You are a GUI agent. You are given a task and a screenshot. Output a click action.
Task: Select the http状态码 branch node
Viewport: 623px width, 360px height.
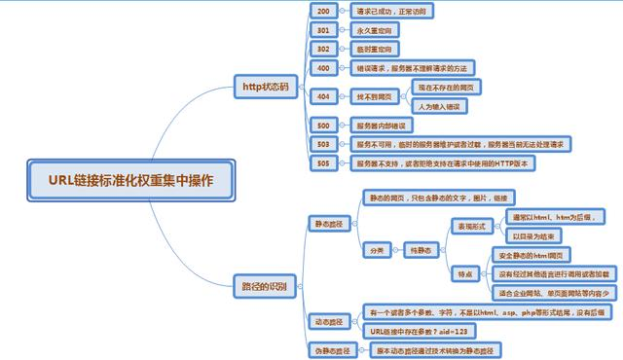[266, 87]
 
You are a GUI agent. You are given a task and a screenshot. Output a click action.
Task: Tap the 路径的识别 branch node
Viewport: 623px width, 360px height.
[266, 286]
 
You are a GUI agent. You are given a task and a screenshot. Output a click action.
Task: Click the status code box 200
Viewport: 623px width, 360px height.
[324, 12]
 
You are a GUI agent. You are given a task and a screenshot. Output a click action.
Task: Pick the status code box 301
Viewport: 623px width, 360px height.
[324, 30]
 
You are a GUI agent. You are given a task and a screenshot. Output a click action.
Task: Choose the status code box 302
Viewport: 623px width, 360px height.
[324, 49]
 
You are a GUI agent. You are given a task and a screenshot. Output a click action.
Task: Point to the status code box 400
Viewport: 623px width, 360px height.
[324, 69]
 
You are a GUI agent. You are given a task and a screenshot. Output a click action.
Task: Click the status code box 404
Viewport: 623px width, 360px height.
[324, 96]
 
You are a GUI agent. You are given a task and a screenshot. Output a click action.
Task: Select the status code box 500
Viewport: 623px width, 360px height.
[324, 126]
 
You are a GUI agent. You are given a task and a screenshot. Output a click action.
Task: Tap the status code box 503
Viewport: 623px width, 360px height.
[324, 144]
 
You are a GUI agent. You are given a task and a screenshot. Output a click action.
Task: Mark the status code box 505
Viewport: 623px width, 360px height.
[324, 163]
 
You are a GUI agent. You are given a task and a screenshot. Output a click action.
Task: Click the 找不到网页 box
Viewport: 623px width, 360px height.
[375, 96]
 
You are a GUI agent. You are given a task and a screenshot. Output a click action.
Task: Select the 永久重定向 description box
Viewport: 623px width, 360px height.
[379, 30]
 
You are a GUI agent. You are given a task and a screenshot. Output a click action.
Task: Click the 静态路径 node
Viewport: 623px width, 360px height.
[327, 224]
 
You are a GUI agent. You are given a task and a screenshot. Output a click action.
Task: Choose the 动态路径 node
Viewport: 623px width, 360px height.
[327, 320]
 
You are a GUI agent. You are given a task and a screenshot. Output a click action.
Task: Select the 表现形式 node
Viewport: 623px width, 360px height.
[474, 225]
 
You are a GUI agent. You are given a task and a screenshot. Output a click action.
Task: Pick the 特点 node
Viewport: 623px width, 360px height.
[466, 274]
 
